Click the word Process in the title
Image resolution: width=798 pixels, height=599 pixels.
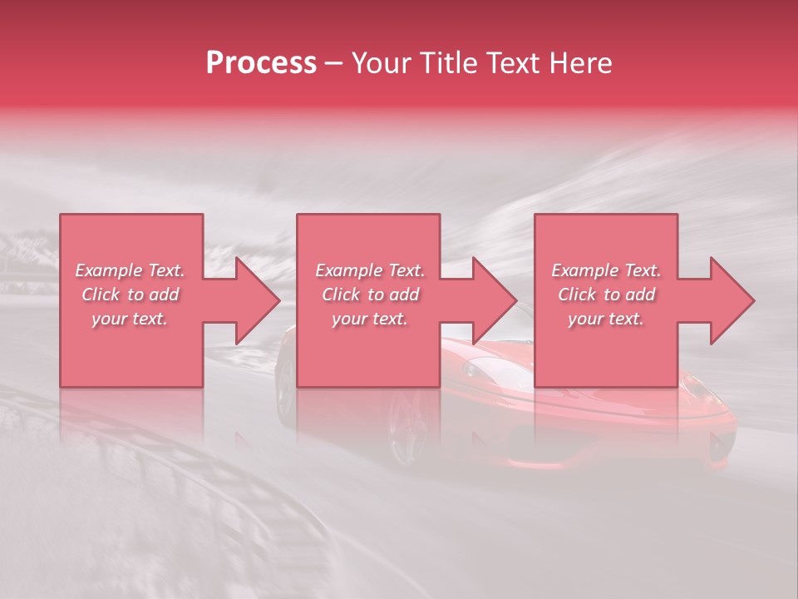click(261, 63)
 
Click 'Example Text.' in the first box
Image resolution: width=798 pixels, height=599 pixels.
click(130, 270)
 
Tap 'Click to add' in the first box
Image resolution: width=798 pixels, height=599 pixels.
click(130, 295)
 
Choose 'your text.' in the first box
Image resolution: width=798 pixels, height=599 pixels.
click(130, 319)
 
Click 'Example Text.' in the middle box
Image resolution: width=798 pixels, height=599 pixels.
click(370, 270)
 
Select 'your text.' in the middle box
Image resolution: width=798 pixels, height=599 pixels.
click(370, 319)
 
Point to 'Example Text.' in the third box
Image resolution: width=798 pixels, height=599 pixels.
click(606, 270)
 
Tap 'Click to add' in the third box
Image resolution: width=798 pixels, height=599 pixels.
click(606, 295)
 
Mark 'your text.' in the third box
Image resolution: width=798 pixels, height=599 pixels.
click(606, 319)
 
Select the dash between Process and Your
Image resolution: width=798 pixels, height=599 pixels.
click(333, 63)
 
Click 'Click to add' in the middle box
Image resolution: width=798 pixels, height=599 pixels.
click(370, 295)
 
